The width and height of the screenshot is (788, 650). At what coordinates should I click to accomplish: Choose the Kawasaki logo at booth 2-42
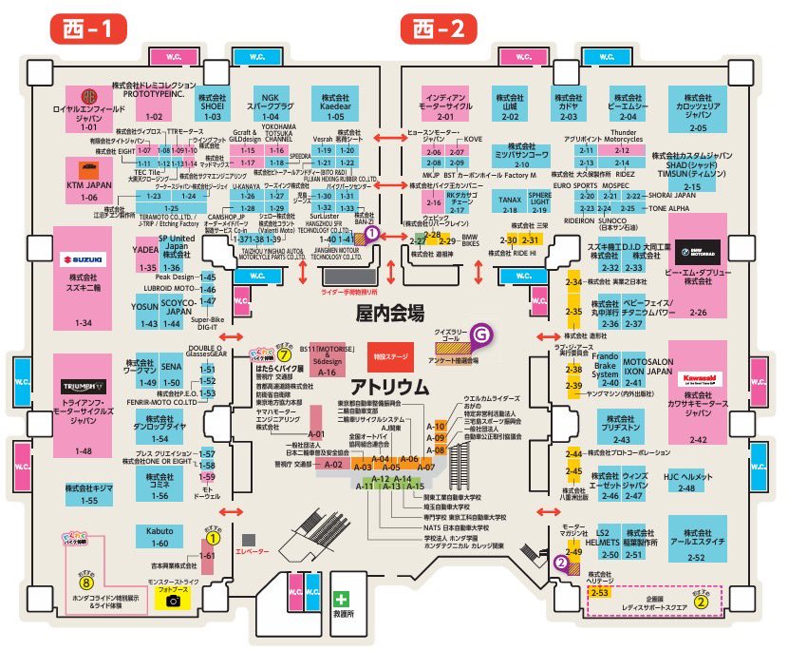698,378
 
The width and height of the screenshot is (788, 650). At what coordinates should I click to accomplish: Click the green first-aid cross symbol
341,601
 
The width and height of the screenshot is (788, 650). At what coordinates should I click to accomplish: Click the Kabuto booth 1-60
152,536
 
